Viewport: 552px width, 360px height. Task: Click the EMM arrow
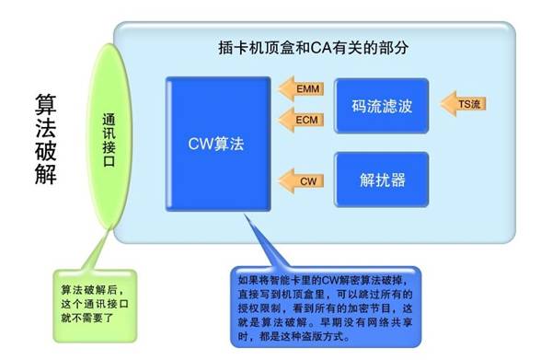point(302,88)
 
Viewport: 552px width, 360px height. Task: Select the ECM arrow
point(302,120)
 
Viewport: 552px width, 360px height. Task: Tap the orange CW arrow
point(302,181)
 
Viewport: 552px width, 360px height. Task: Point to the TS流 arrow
point(464,103)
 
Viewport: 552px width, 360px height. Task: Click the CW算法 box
point(218,144)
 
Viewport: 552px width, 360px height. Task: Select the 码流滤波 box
point(382,106)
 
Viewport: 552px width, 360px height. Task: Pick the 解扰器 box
point(382,180)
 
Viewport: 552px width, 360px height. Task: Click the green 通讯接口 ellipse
point(109,136)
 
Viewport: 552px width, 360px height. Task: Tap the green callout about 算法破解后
point(95,306)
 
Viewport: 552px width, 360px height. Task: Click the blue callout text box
point(326,308)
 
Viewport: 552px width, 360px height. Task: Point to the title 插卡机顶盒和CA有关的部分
point(314,48)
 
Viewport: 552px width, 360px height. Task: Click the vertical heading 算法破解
point(46,139)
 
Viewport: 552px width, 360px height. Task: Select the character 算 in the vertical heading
point(46,105)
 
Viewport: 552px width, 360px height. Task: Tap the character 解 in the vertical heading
point(46,173)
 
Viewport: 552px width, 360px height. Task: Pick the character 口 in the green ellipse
point(109,161)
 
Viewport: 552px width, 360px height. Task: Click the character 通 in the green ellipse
point(109,120)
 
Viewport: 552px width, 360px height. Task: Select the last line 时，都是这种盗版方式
point(294,336)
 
